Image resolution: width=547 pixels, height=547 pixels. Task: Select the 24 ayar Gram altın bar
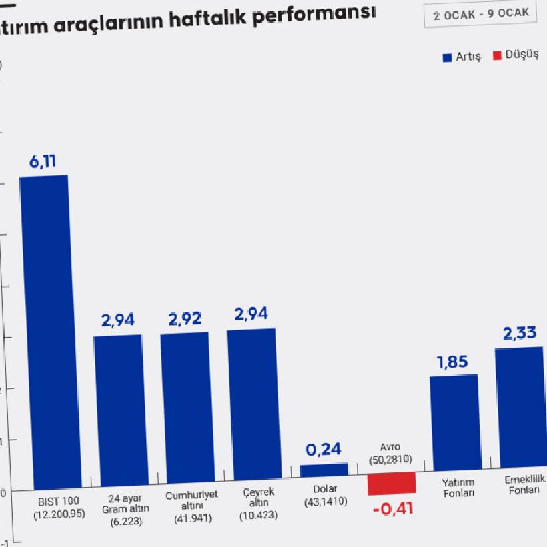pyautogui.click(x=118, y=410)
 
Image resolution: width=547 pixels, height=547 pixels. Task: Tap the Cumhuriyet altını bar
pyautogui.click(x=185, y=408)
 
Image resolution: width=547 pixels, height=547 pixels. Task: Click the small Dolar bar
pyautogui.click(x=324, y=470)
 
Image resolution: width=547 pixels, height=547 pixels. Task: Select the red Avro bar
pyautogui.click(x=392, y=483)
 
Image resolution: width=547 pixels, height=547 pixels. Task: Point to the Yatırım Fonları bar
pyautogui.click(x=455, y=422)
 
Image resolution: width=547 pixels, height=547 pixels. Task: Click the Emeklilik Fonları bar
pyautogui.click(x=520, y=407)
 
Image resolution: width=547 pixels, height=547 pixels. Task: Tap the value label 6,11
pyautogui.click(x=43, y=161)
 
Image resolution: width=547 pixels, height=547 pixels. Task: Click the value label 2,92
pyautogui.click(x=185, y=318)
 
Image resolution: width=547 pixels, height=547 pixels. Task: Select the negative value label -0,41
pyautogui.click(x=393, y=509)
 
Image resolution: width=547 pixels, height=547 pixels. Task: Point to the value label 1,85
pyautogui.click(x=452, y=362)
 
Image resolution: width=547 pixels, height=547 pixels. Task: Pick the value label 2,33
pyautogui.click(x=520, y=333)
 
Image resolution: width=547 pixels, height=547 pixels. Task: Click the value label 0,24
pyautogui.click(x=323, y=449)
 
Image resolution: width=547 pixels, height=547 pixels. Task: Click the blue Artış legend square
pyautogui.click(x=448, y=57)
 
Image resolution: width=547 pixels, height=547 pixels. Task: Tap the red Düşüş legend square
pyautogui.click(x=497, y=55)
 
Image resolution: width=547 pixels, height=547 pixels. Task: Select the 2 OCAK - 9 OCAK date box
pyautogui.click(x=480, y=13)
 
